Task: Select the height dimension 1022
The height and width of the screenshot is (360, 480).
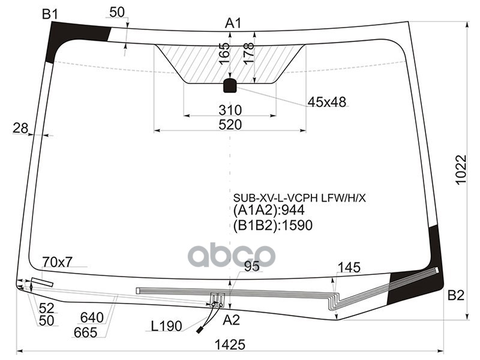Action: (460, 170)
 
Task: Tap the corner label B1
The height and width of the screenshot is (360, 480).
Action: (50, 14)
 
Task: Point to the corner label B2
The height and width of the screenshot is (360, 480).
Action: (456, 295)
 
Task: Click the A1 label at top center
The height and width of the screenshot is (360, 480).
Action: (233, 23)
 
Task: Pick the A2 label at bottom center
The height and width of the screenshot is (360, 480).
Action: (231, 320)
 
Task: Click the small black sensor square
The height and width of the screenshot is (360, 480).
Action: (230, 86)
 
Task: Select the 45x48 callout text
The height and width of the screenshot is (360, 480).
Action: (327, 103)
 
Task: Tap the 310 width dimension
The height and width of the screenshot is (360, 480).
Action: (230, 110)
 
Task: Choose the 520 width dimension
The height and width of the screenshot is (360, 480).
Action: (230, 125)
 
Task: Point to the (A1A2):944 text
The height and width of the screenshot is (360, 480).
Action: (269, 211)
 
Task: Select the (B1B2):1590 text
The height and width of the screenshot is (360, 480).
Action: (273, 225)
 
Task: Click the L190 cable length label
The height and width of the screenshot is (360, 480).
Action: (166, 327)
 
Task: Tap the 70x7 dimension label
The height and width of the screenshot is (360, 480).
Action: (58, 262)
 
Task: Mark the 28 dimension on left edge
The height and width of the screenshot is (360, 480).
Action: (20, 128)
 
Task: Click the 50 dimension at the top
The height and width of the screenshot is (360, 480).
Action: (118, 13)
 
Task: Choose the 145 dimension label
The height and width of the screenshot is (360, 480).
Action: (349, 268)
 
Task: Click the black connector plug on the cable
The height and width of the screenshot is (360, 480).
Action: (200, 329)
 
